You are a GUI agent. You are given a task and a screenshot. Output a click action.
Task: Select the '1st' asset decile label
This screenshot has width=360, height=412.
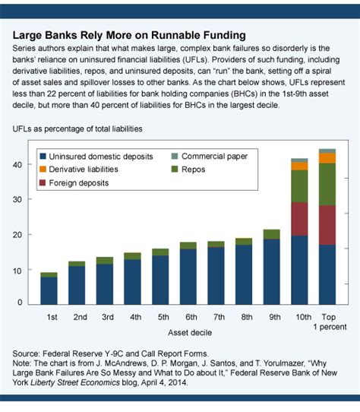[x=52, y=316]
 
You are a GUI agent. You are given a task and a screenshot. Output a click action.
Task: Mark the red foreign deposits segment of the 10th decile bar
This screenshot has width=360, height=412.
[x=299, y=219]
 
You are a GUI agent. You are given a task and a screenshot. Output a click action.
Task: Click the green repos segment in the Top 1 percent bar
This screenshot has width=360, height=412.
[x=327, y=184]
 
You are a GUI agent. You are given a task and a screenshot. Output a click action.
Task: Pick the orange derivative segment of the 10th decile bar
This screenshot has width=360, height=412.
[x=299, y=166]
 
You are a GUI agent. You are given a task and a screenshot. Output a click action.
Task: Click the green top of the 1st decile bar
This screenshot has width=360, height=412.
[x=49, y=274]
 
